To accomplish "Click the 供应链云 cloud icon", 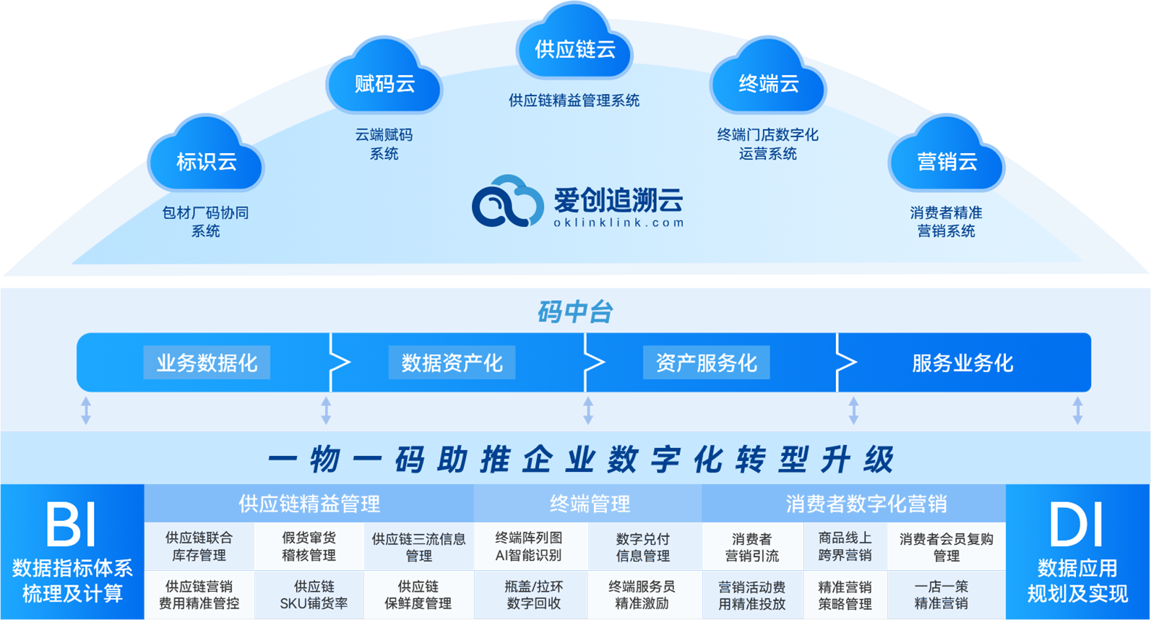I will pyautogui.click(x=574, y=46).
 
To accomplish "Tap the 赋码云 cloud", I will pyautogui.click(x=384, y=81).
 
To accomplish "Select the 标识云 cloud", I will pyautogui.click(x=206, y=158).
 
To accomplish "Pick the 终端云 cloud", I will pyautogui.click(x=768, y=81).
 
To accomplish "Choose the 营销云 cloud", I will pyautogui.click(x=947, y=158).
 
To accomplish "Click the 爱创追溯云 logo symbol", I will pyautogui.click(x=507, y=202).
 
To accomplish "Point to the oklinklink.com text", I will pyautogui.click(x=618, y=223).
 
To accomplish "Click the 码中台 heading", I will pyautogui.click(x=575, y=312).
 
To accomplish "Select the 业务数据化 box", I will pyautogui.click(x=207, y=363).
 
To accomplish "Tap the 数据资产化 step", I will pyautogui.click(x=452, y=363).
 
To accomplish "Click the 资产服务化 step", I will pyautogui.click(x=706, y=363).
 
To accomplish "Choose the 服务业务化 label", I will pyautogui.click(x=962, y=363).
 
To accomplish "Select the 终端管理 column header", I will pyautogui.click(x=589, y=504).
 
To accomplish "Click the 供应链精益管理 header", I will pyautogui.click(x=309, y=504).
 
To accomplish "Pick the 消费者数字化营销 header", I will pyautogui.click(x=866, y=504).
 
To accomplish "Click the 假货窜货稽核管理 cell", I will pyautogui.click(x=309, y=546).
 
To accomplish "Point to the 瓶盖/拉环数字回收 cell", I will pyautogui.click(x=533, y=595).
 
